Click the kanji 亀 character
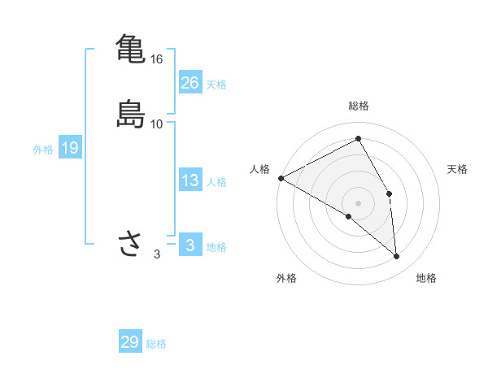(x=130, y=48)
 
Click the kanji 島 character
(x=130, y=113)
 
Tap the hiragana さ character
(x=130, y=244)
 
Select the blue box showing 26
(x=190, y=82)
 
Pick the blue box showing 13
(x=190, y=180)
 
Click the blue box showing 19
(x=69, y=148)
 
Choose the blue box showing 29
(x=130, y=342)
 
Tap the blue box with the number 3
(x=190, y=245)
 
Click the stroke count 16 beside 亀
(x=157, y=59)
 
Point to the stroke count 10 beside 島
(x=157, y=124)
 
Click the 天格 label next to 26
(x=216, y=85)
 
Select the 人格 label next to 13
(x=216, y=182)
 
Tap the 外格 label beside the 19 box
(x=43, y=150)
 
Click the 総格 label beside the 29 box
(x=157, y=344)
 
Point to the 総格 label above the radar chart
(x=359, y=106)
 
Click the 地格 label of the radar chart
(x=426, y=278)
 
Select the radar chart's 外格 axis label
(x=286, y=278)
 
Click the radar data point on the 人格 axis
(x=281, y=178)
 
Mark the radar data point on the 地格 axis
(x=396, y=257)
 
